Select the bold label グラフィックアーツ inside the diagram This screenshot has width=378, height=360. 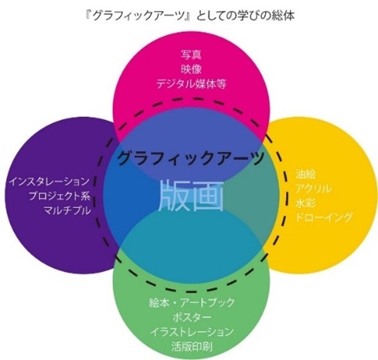pyautogui.click(x=190, y=159)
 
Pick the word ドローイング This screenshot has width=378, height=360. pyautogui.click(x=324, y=217)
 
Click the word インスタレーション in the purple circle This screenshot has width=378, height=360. pyautogui.click(x=50, y=181)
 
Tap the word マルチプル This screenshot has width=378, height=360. pyautogui.click(x=67, y=210)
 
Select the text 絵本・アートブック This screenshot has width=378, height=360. pyautogui.click(x=191, y=303)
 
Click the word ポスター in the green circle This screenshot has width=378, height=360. pyautogui.click(x=191, y=318)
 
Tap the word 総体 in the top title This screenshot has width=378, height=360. pyautogui.click(x=285, y=14)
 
